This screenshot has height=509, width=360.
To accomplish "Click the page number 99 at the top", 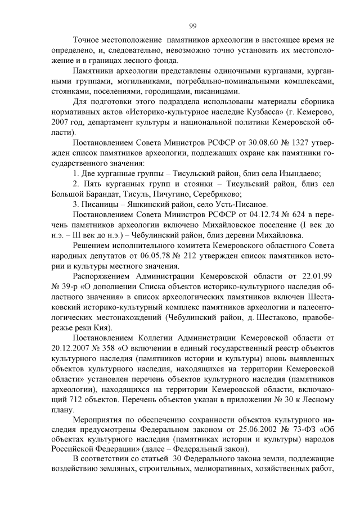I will tap(192, 25).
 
